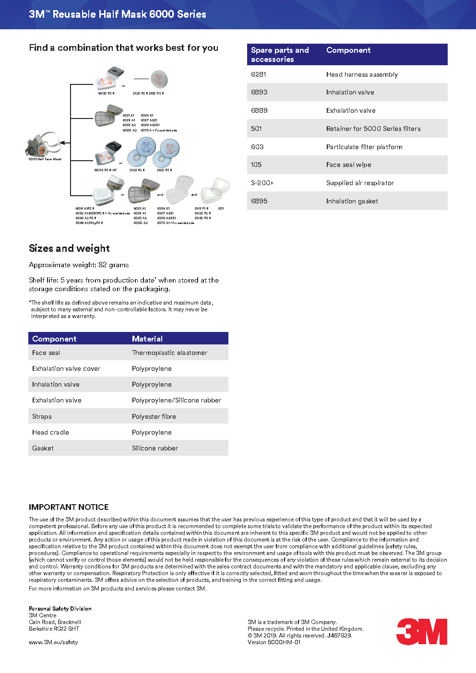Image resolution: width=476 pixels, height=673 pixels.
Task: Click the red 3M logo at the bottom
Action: click(422, 632)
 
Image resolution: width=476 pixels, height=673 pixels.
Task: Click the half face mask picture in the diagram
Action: click(44, 144)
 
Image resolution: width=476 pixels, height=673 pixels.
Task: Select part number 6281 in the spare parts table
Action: click(259, 74)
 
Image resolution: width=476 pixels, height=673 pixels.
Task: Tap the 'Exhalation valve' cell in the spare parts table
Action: click(351, 110)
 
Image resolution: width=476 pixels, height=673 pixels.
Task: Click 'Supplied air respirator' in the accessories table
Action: click(360, 183)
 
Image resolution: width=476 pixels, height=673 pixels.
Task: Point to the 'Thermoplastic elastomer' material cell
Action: click(169, 353)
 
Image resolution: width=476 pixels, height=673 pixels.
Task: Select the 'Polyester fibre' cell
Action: click(154, 416)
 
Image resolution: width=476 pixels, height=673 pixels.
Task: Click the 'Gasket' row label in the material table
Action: click(43, 448)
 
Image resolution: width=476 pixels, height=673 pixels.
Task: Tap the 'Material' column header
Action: click(147, 339)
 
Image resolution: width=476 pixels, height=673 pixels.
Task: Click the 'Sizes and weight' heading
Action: click(69, 248)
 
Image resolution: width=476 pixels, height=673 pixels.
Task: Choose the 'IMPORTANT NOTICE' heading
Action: click(69, 507)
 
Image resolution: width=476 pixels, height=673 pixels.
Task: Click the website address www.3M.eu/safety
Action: click(53, 642)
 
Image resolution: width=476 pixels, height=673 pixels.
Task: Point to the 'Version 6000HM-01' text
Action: click(274, 642)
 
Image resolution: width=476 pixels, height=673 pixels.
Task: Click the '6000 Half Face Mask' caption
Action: click(45, 159)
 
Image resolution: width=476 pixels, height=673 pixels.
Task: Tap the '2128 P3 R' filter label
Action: click(164, 170)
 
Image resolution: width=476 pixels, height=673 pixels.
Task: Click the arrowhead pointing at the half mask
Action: click(62, 143)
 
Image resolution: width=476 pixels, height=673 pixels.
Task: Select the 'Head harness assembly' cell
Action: click(362, 74)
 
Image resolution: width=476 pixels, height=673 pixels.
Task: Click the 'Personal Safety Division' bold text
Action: click(60, 609)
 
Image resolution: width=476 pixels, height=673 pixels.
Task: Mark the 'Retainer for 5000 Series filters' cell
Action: click(373, 129)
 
